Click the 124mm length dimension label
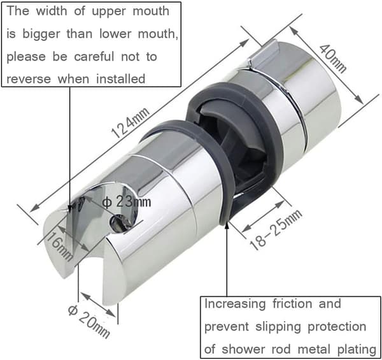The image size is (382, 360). pos(130,123)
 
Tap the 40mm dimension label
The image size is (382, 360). pos(333,59)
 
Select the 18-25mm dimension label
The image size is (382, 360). pos(276,229)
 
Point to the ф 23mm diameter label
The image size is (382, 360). pos(127,202)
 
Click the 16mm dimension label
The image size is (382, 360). pos(59,246)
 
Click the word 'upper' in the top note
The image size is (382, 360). pos(109,11)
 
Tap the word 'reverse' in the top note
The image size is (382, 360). pos(29,79)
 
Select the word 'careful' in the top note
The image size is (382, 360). pos(94,57)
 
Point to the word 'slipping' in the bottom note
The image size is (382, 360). pos(278,327)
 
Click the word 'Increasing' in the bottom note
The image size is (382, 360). pos(235,304)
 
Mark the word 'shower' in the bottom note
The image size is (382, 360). pos(243,349)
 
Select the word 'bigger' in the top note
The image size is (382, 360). pos(41,34)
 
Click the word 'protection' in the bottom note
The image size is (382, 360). pos(337,327)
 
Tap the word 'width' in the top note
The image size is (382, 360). pos(51,11)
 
